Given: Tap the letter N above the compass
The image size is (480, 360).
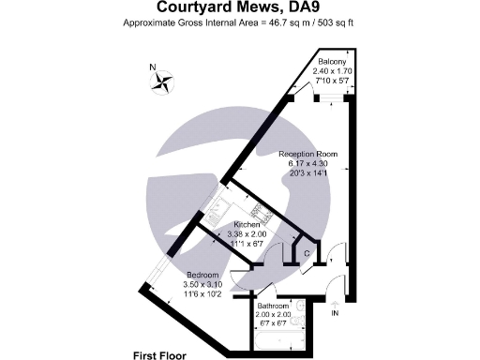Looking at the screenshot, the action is pos(153,67).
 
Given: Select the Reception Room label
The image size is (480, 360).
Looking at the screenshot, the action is pos(308,154).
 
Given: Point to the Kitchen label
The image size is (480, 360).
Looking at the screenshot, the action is pos(247,225).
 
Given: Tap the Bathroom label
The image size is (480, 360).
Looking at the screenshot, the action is pos(272,306).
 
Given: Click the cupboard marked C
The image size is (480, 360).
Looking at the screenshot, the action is pos(307,252).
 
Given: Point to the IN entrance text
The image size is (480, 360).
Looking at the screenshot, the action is pos(335,314).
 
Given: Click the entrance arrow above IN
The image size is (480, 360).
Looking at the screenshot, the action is pos(335,302).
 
